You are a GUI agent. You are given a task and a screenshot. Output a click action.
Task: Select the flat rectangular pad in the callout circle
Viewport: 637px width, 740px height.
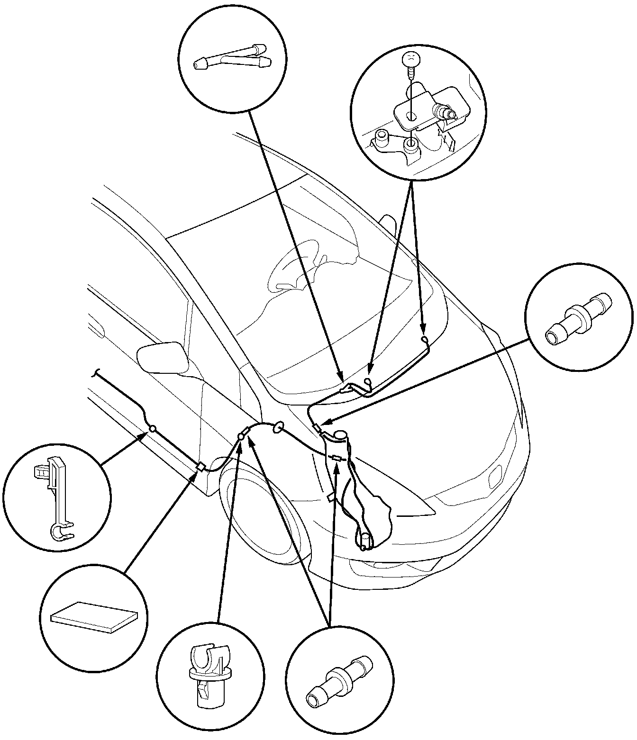point(94,616)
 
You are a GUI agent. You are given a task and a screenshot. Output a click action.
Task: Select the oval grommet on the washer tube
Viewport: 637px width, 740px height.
point(278,428)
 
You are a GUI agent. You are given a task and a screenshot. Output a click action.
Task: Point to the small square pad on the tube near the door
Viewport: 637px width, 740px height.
point(200,467)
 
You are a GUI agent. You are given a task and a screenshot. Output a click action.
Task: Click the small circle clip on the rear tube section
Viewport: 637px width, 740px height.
point(153,428)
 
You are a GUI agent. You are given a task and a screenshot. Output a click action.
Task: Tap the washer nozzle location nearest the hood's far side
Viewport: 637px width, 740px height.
point(425,339)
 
